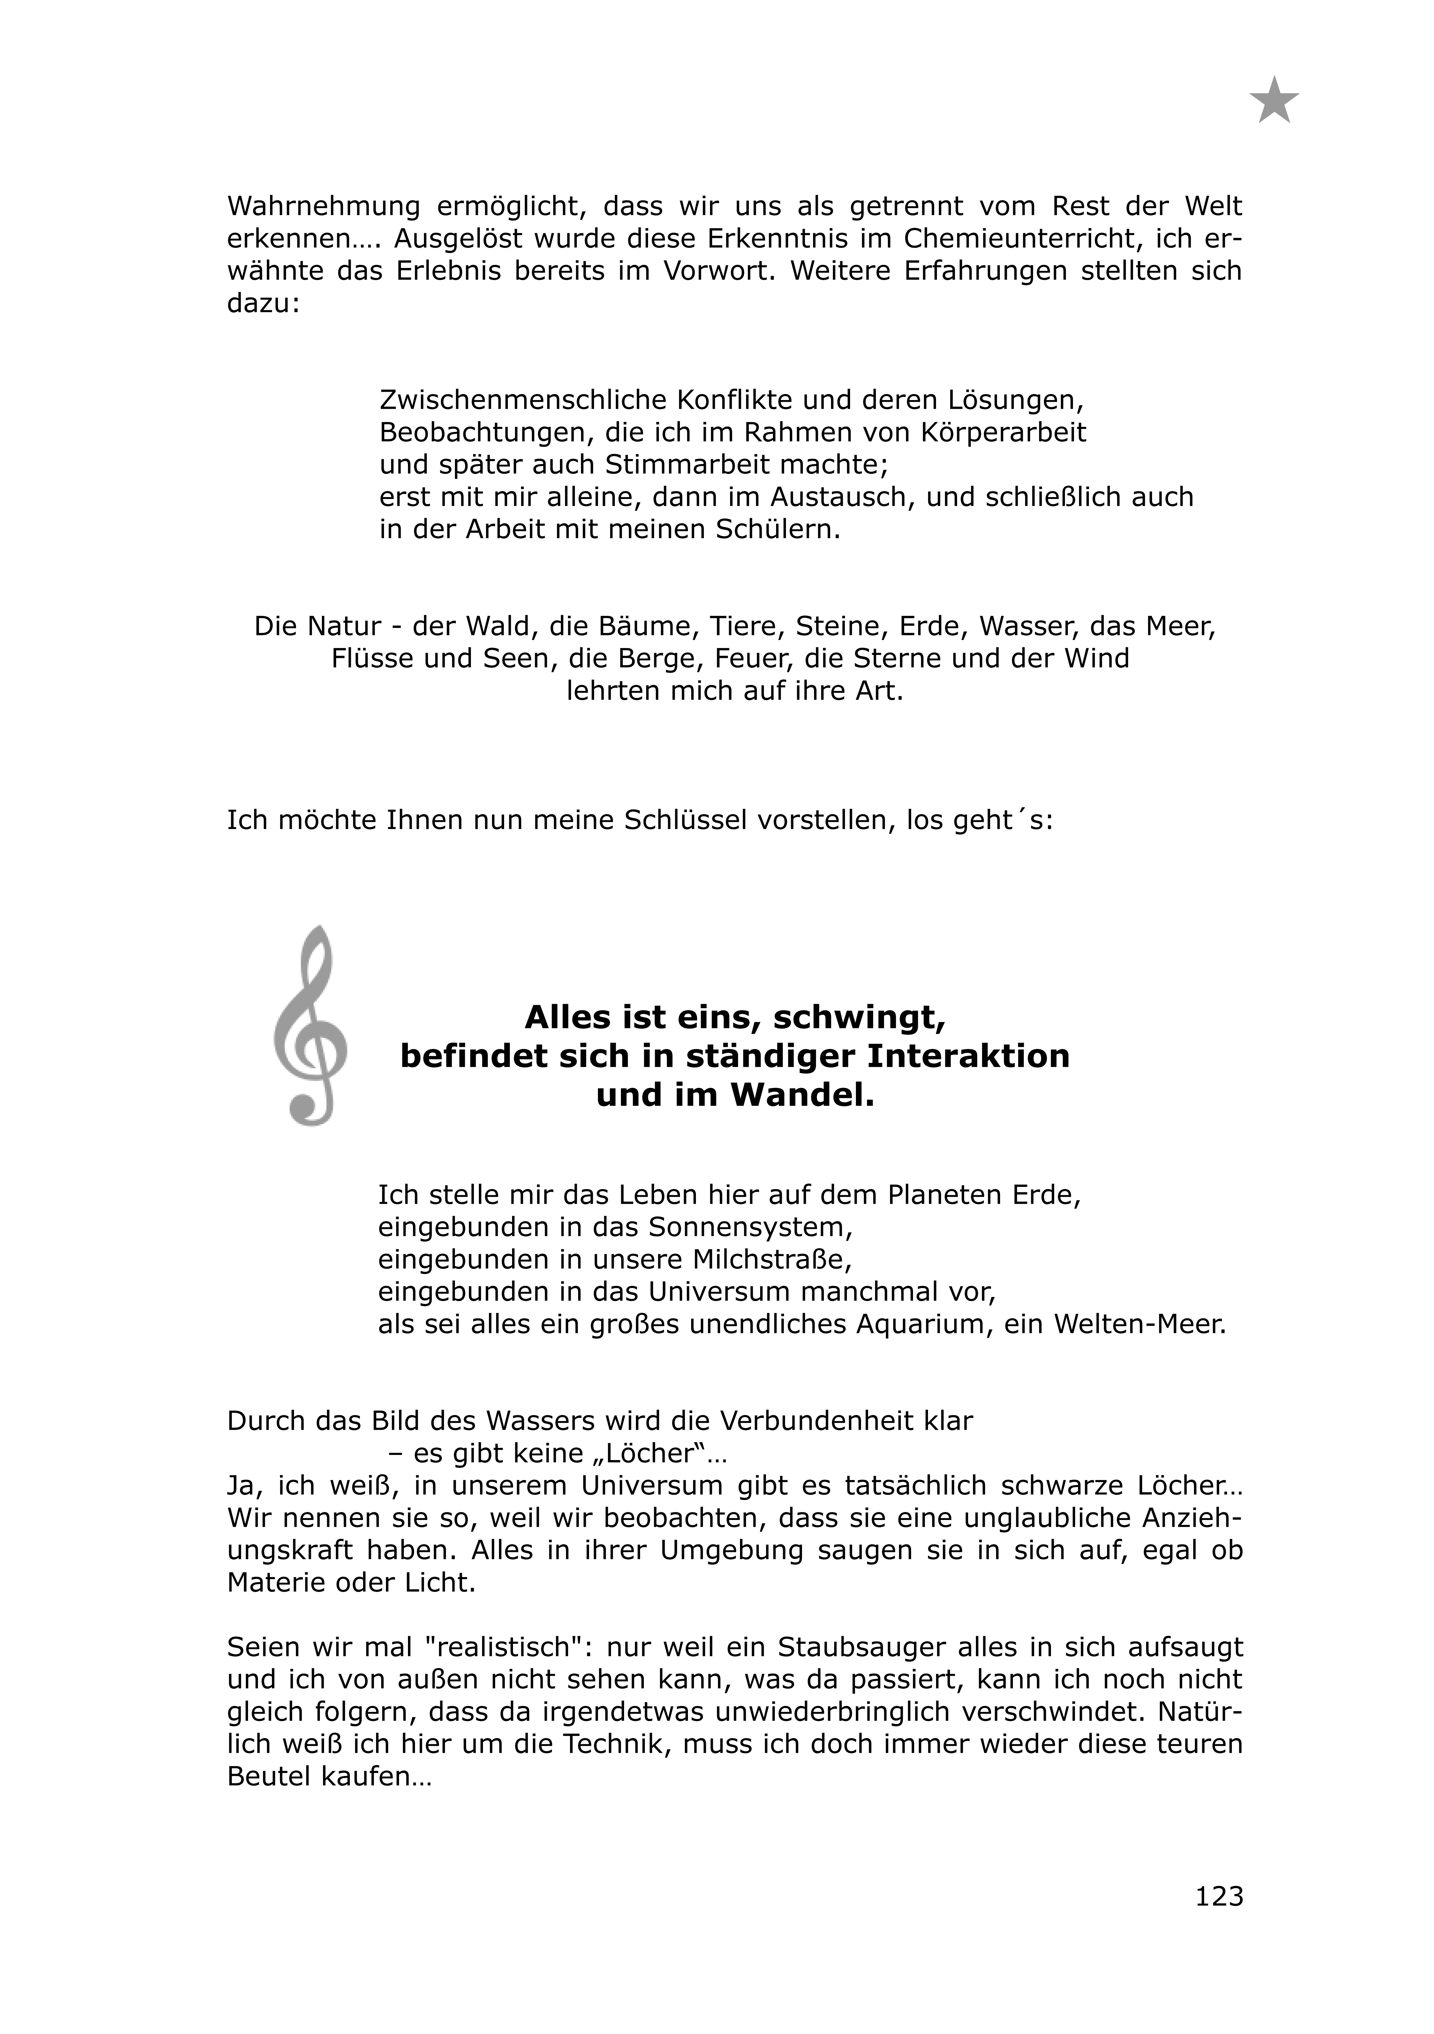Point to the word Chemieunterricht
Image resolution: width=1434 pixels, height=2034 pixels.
point(1037,239)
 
